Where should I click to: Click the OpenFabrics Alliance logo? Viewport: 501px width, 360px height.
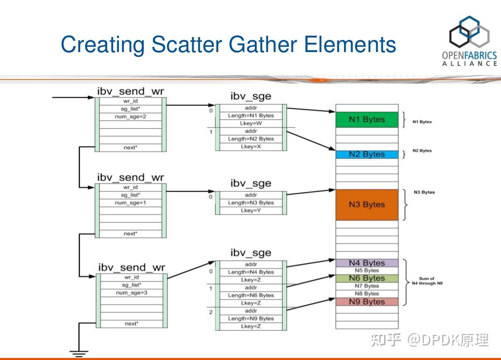pos(469,41)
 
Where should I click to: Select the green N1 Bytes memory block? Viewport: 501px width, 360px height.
pos(366,120)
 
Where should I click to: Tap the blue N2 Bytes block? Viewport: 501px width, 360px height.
pos(366,154)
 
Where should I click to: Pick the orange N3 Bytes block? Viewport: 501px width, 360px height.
pos(366,205)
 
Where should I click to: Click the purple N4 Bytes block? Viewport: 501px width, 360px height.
pos(366,263)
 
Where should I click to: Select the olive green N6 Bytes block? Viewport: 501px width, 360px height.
pos(366,278)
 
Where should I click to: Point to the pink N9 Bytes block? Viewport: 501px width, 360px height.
pos(366,302)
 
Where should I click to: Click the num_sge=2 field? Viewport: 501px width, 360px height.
pos(131,116)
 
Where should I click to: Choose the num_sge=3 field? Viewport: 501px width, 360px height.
pos(131,292)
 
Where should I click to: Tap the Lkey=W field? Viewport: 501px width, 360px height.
pos(251,123)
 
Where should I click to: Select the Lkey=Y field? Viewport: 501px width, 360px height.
pos(251,210)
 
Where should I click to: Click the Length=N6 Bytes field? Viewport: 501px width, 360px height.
pos(251,295)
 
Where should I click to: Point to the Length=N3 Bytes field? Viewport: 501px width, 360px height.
pos(251,202)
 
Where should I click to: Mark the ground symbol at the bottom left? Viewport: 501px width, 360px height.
pos(79,352)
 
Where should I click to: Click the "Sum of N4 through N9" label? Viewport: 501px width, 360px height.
pos(426,281)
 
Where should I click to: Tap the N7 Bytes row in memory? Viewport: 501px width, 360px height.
pos(366,286)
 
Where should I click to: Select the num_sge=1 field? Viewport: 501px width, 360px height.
pos(131,202)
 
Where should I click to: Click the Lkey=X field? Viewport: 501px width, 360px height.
pos(251,146)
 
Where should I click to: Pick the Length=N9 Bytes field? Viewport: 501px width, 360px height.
pos(251,319)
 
